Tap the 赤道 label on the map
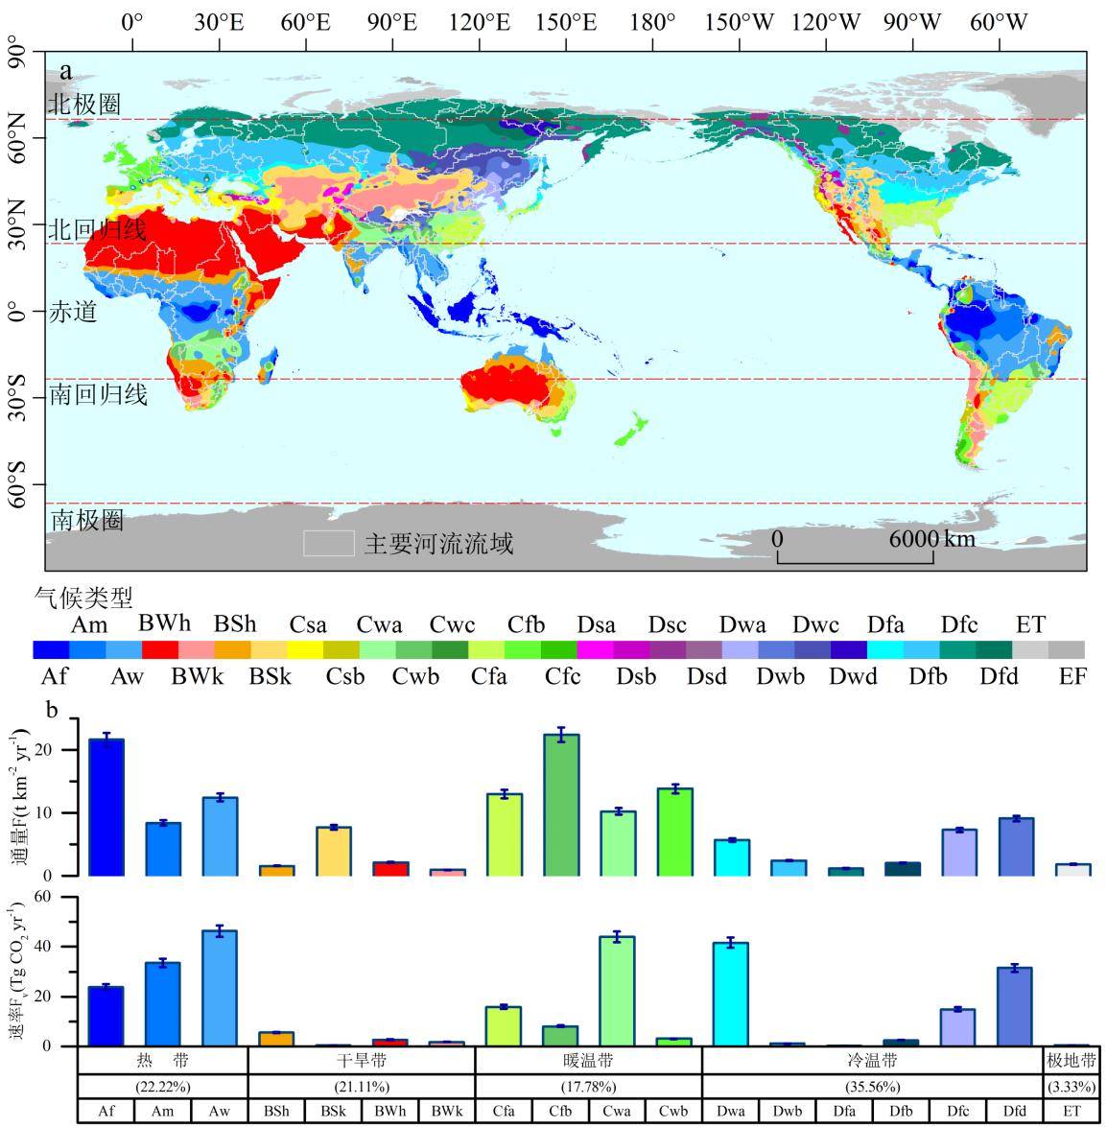click(x=73, y=312)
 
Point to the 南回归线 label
click(x=98, y=393)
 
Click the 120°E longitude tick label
click(x=480, y=21)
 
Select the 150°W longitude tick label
click(x=740, y=21)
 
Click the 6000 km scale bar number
click(x=912, y=538)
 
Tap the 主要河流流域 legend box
click(x=329, y=544)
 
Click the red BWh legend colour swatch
click(x=160, y=649)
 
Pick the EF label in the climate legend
click(x=1072, y=676)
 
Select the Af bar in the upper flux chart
click(x=106, y=807)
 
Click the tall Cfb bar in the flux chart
click(x=561, y=805)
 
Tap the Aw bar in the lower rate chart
click(x=220, y=988)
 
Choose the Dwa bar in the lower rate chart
click(x=731, y=994)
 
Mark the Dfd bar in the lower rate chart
click(x=1015, y=1006)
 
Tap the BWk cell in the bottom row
click(x=447, y=1113)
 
